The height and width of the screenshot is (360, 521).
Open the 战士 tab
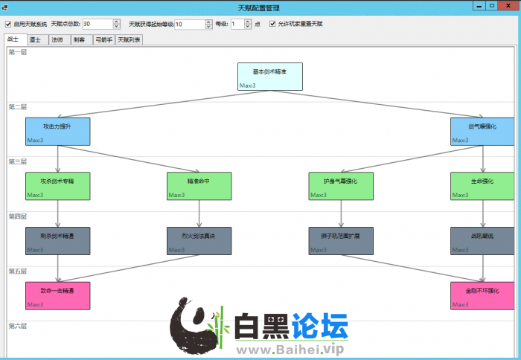pos(13,39)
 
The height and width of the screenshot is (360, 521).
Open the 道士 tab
pos(35,39)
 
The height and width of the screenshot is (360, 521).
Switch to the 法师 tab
pos(57,39)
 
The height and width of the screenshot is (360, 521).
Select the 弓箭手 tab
pos(103,39)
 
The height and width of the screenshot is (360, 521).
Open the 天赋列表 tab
pos(129,39)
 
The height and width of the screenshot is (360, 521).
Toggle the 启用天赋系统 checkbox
pos(9,24)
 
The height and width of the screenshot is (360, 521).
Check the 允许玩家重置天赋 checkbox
pos(272,24)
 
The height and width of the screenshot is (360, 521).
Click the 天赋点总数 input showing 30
pos(97,24)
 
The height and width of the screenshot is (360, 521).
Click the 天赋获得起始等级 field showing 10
pos(189,24)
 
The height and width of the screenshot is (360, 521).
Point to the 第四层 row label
pos(17,216)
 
